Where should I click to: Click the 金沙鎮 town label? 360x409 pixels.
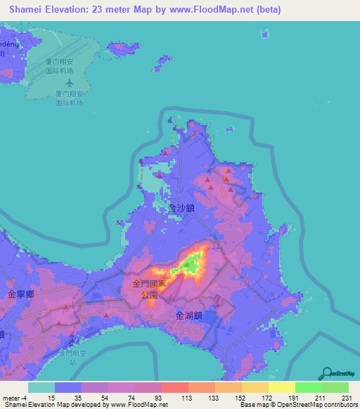click(181, 209)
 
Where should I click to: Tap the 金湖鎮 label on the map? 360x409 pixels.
click(188, 316)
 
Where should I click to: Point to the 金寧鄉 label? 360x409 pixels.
click(20, 294)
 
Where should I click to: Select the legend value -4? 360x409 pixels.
click(25, 398)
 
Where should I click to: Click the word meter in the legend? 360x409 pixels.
click(11, 398)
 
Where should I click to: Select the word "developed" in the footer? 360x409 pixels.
click(87, 405)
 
